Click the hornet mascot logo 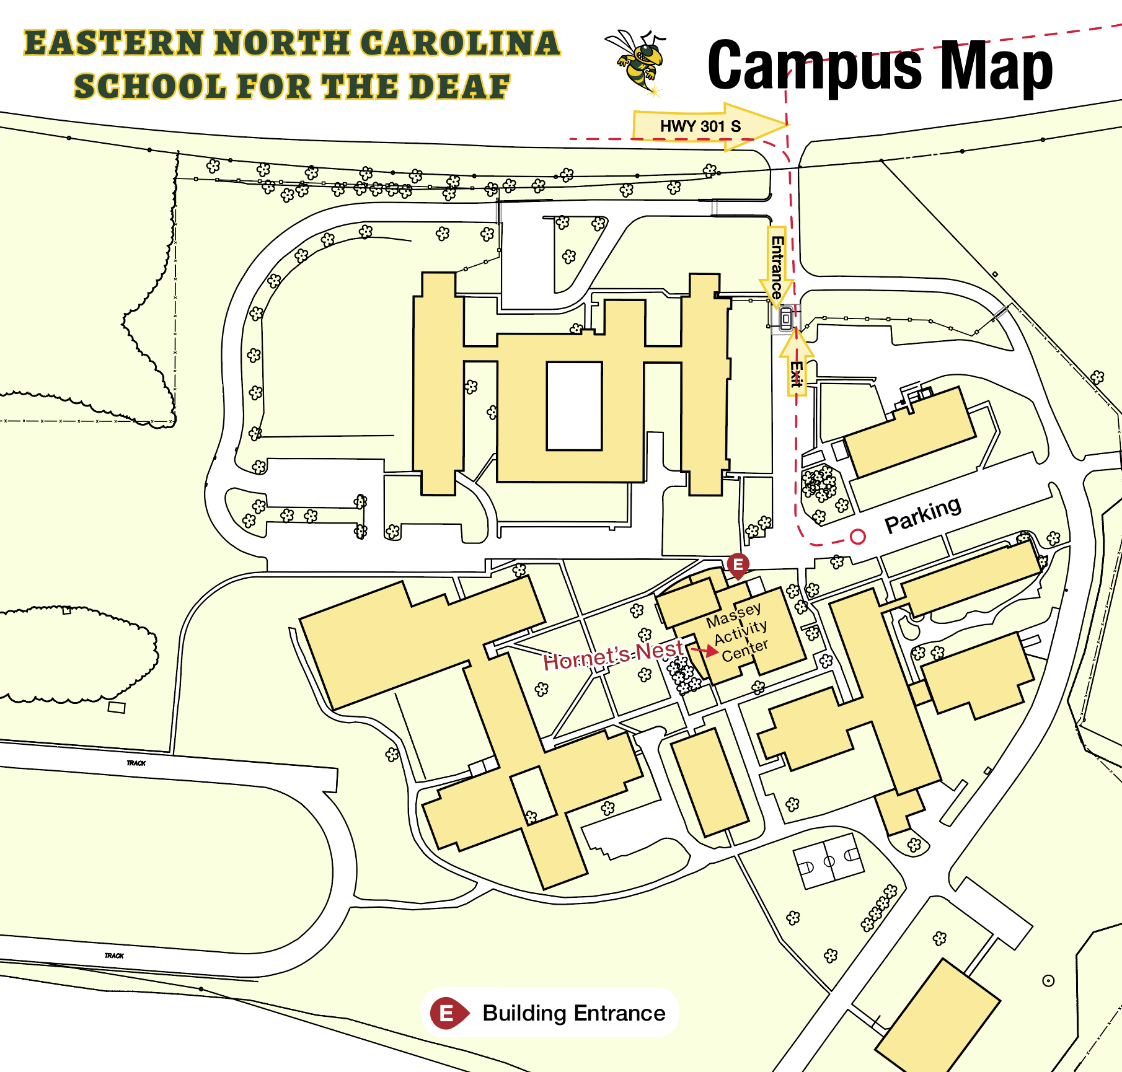tap(638, 62)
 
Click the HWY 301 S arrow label tap(700, 126)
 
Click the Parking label tap(922, 514)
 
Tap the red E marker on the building tap(738, 565)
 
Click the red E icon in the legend tap(447, 1013)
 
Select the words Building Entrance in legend tap(573, 1013)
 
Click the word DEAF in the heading tap(459, 87)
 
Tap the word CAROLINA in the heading tap(459, 43)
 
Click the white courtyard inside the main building tap(574, 406)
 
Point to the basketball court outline tap(829, 861)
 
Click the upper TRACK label tap(136, 763)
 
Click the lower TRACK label tap(114, 956)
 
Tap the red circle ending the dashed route tap(857, 537)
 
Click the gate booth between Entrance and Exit tap(785, 319)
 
